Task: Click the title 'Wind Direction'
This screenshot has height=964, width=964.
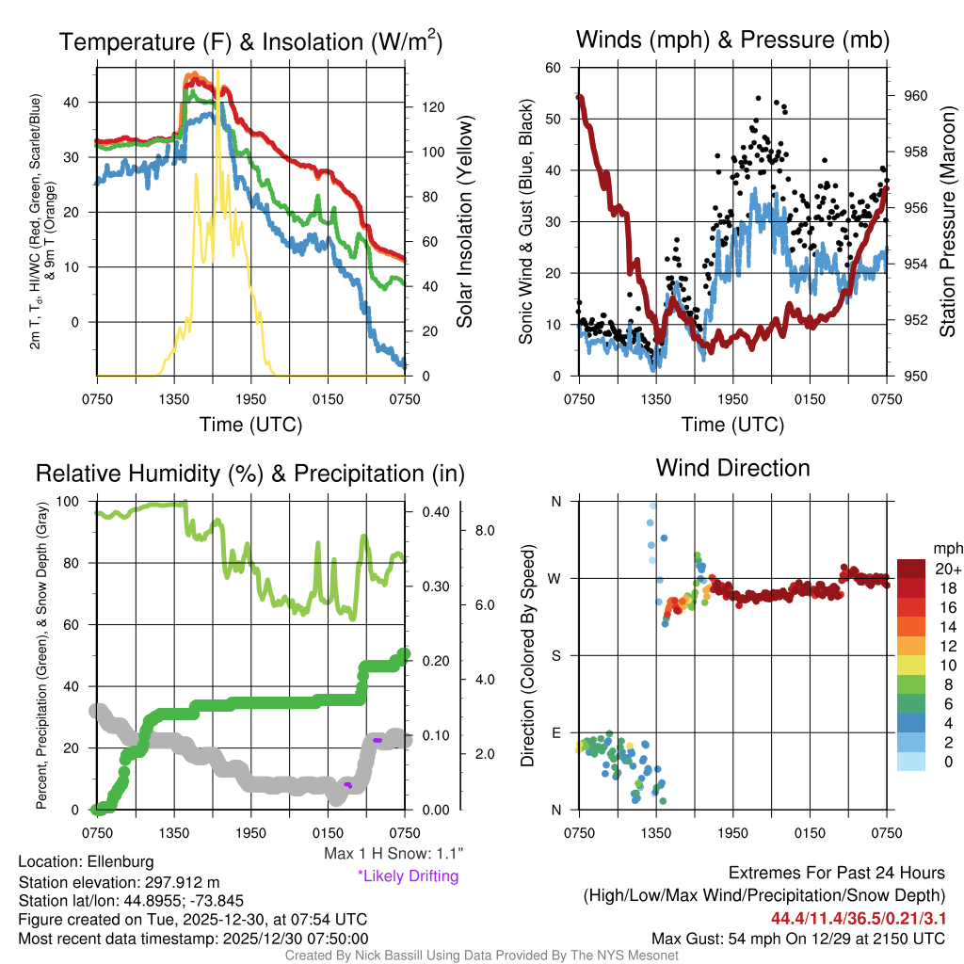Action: [732, 468]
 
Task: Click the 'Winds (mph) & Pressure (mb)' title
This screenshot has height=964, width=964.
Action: [732, 40]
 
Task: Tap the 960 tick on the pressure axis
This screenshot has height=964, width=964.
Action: [916, 95]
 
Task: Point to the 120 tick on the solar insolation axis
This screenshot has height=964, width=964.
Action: [426, 107]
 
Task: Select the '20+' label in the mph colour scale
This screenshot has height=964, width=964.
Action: [946, 569]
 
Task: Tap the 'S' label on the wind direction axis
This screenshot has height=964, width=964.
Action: [555, 655]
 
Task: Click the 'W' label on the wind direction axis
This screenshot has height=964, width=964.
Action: [555, 578]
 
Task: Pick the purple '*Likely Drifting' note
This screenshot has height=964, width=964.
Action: [408, 876]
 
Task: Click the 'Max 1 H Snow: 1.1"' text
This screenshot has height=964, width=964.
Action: [393, 854]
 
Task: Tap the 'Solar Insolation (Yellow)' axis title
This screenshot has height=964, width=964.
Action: [464, 221]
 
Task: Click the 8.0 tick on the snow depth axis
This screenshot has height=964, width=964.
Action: [483, 531]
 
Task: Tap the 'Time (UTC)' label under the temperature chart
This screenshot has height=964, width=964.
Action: [250, 425]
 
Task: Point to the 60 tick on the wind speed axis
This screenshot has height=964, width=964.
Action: [554, 68]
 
